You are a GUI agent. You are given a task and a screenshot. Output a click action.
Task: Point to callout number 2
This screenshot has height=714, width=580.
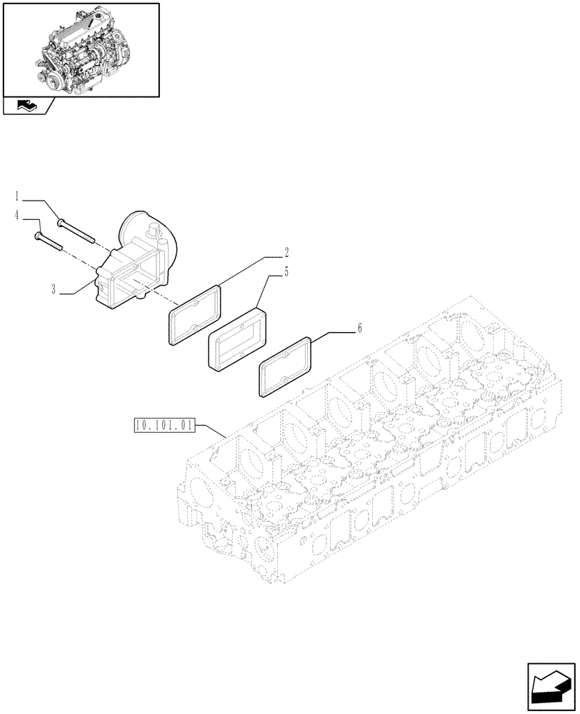(286, 252)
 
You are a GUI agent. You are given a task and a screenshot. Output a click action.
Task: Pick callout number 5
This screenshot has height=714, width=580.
(286, 272)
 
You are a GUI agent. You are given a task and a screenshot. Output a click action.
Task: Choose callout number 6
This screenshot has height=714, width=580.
(359, 328)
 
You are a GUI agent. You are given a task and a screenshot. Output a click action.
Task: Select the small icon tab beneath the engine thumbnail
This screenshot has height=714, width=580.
(27, 106)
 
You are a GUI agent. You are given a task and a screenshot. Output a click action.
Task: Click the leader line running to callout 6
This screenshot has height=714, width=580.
(336, 331)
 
